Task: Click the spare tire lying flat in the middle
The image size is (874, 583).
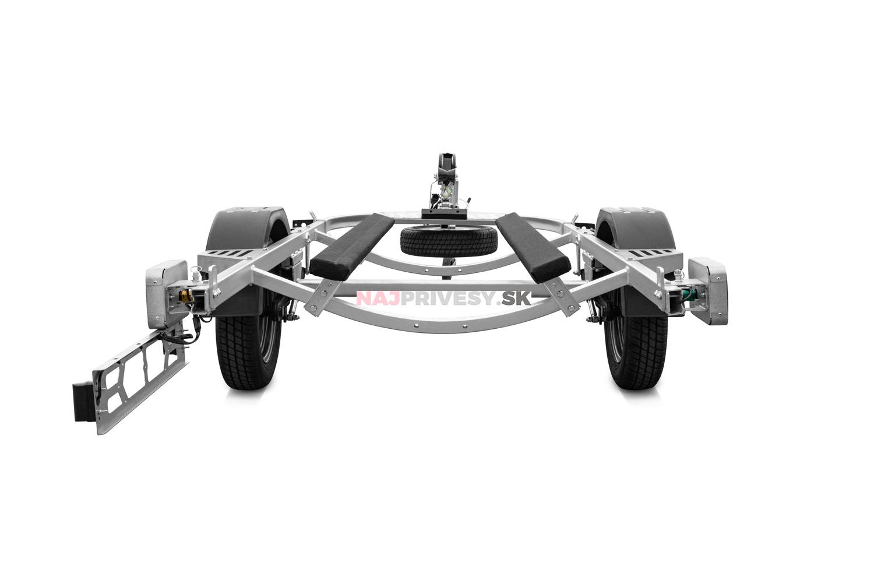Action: coord(449,242)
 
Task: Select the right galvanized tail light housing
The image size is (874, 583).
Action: coord(709,290)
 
